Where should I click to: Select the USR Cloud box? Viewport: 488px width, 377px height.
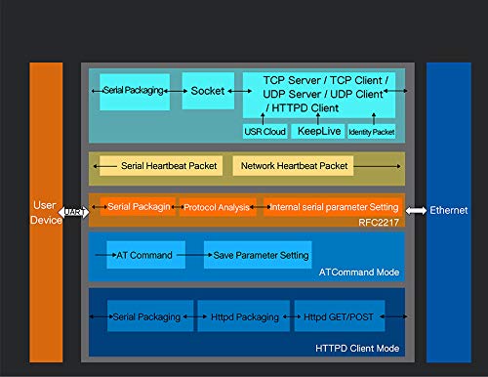(x=262, y=130)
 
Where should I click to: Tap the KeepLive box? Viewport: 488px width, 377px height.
(x=317, y=130)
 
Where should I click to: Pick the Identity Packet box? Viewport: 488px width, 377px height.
(x=371, y=130)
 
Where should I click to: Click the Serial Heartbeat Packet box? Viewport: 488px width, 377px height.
(x=160, y=167)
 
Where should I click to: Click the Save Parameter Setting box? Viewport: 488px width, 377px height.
(x=258, y=255)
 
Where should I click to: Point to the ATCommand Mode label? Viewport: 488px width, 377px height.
(x=367, y=272)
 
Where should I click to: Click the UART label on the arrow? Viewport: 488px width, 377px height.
(x=73, y=211)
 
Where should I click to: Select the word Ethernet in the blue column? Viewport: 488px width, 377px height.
(x=449, y=211)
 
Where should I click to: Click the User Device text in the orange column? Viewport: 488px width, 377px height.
(x=45, y=213)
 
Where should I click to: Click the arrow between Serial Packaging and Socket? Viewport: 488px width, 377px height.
(x=176, y=91)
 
